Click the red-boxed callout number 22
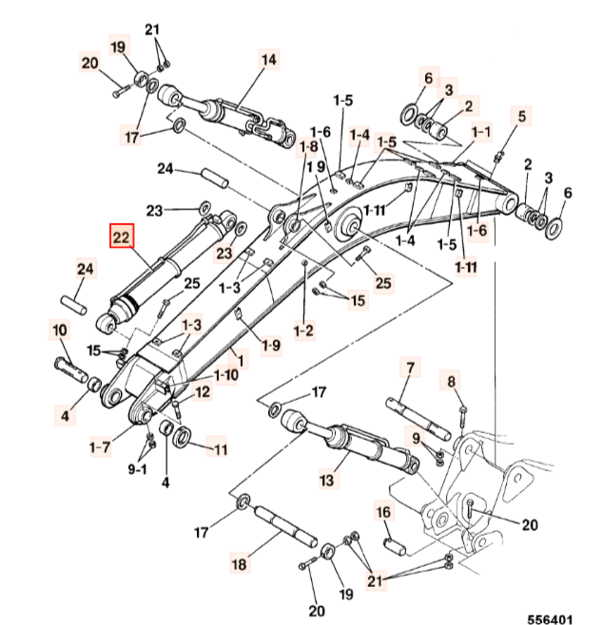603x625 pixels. (123, 239)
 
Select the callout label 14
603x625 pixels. (269, 60)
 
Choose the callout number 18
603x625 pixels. (239, 564)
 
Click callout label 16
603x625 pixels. (384, 513)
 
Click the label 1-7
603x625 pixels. (99, 445)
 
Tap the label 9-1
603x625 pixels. (138, 468)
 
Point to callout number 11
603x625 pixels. (219, 449)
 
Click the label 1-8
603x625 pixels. (307, 146)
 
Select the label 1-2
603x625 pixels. (303, 331)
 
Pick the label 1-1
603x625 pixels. (479, 131)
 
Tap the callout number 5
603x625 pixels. (521, 116)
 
